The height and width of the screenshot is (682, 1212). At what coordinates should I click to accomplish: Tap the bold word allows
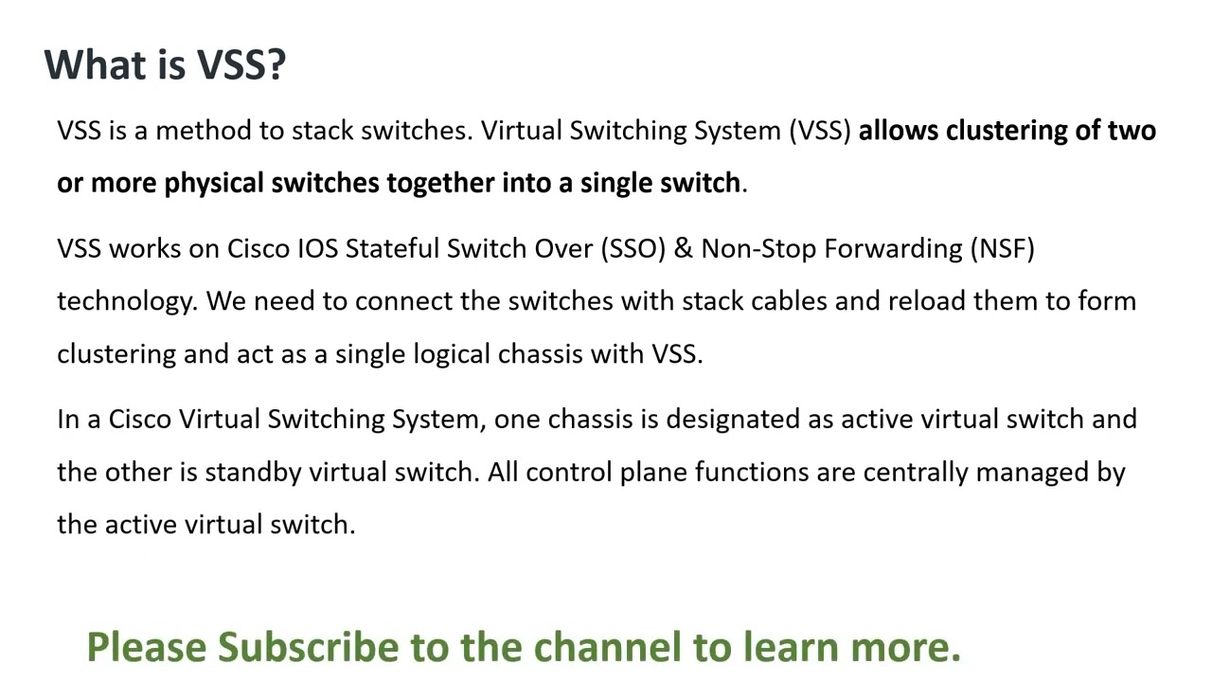click(899, 131)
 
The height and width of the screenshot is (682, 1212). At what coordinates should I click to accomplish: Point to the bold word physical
click(215, 183)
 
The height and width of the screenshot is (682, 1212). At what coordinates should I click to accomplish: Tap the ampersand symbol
click(684, 248)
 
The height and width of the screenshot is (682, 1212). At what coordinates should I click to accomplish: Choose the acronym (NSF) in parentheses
click(1002, 248)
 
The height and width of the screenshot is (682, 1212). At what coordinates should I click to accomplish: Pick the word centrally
click(916, 472)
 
